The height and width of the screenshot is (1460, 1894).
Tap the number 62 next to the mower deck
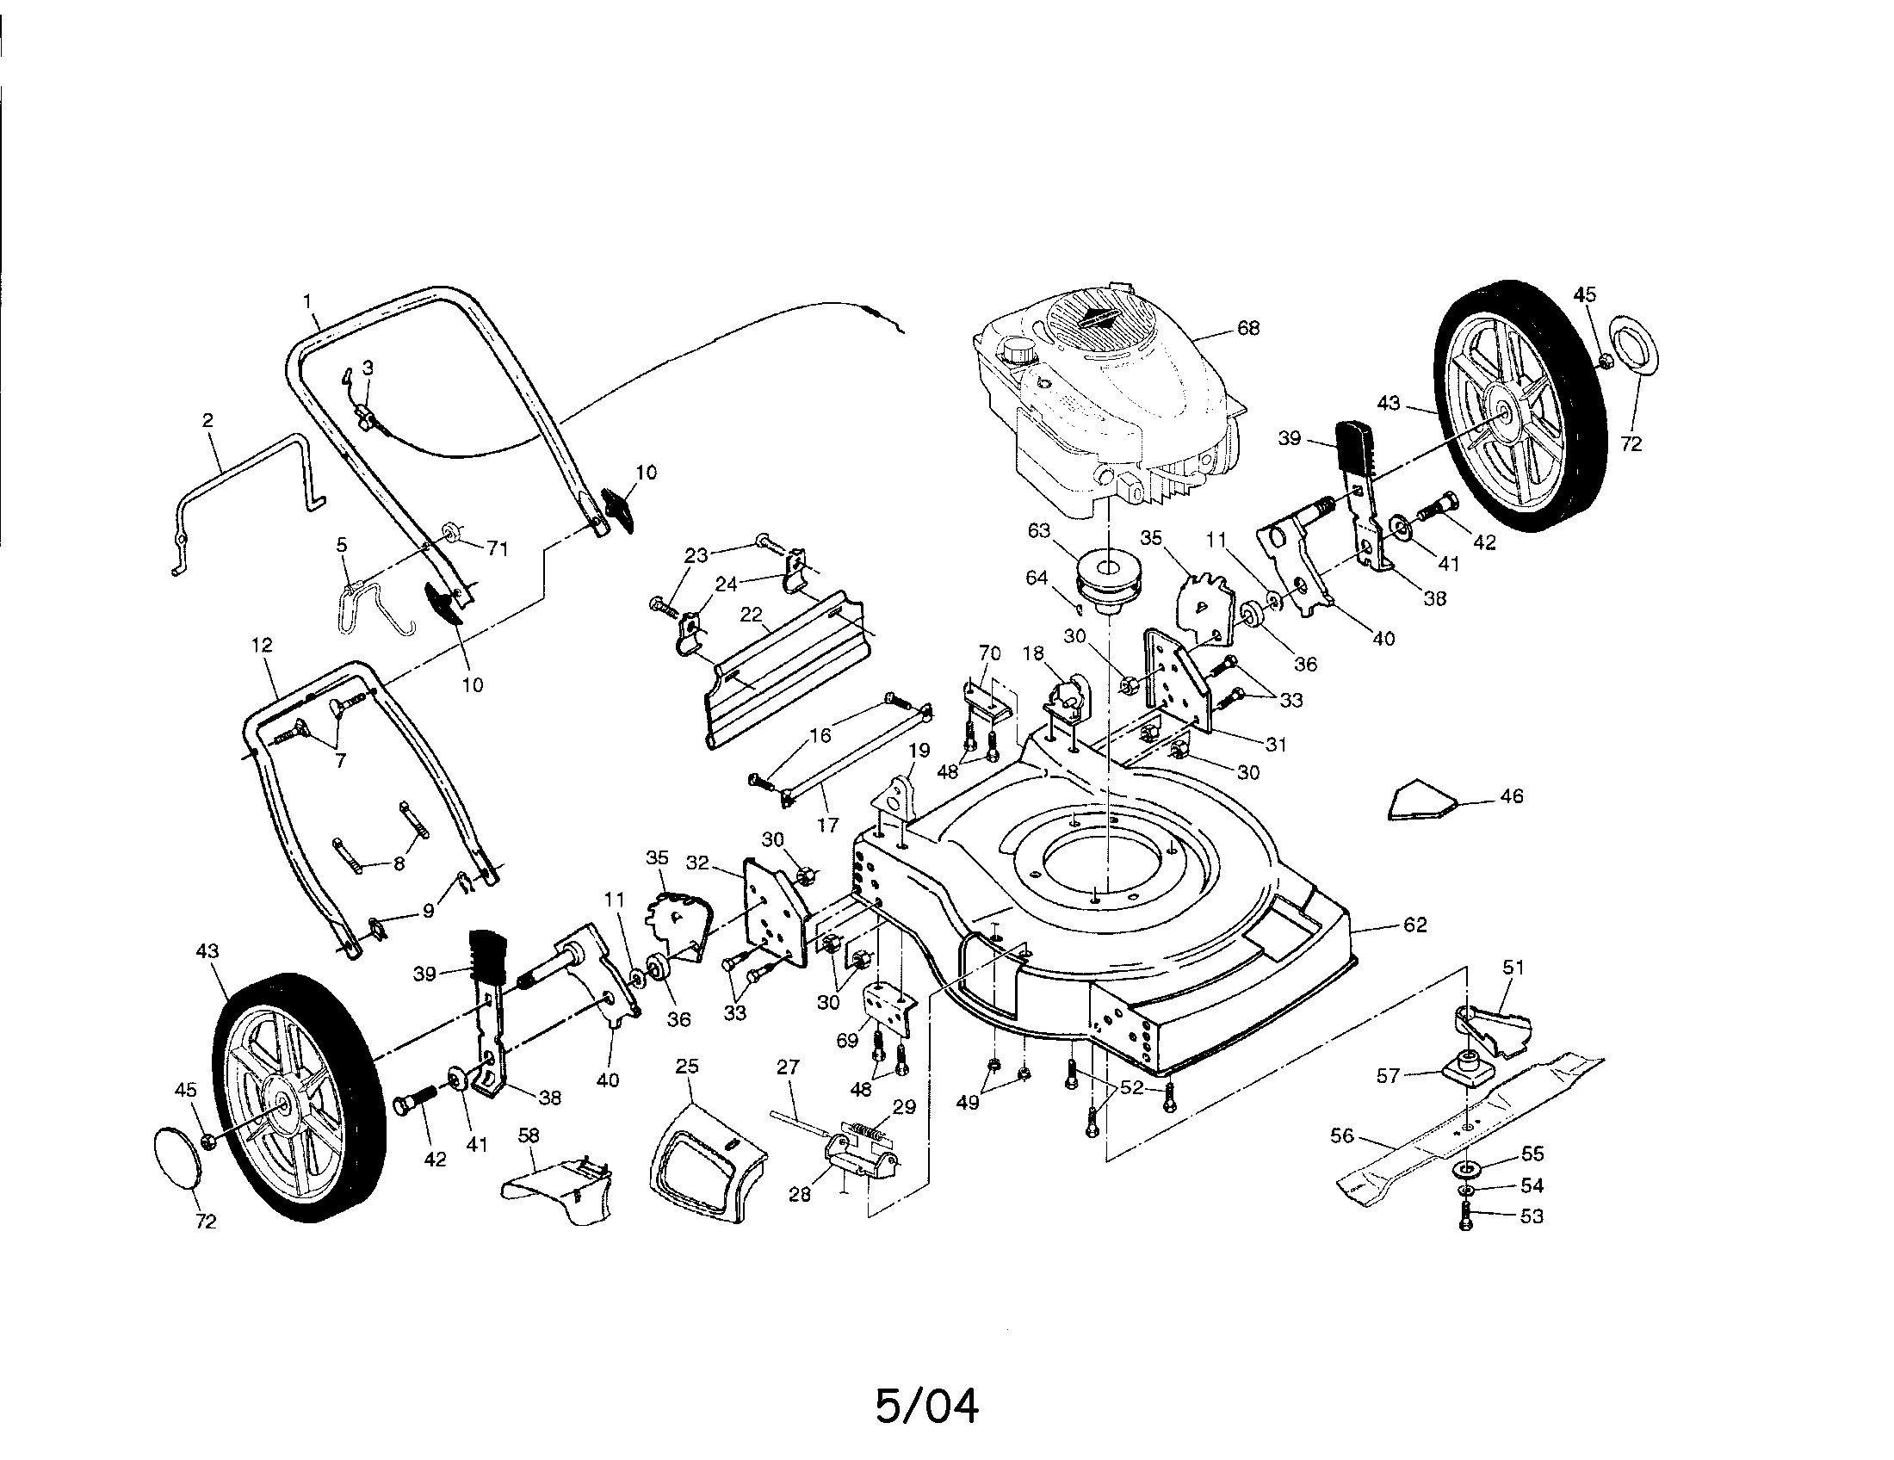(1414, 925)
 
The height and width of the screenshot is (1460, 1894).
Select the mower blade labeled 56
(1465, 1127)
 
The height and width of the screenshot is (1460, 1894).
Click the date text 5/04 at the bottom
(927, 1406)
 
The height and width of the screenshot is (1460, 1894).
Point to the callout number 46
(1511, 796)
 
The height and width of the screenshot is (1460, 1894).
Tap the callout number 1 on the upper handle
(307, 300)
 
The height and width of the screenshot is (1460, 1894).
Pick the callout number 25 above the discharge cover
(687, 1067)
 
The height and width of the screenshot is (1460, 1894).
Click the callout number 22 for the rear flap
(750, 615)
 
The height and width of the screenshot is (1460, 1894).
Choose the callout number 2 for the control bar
(207, 419)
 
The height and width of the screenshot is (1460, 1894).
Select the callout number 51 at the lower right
(1513, 967)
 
